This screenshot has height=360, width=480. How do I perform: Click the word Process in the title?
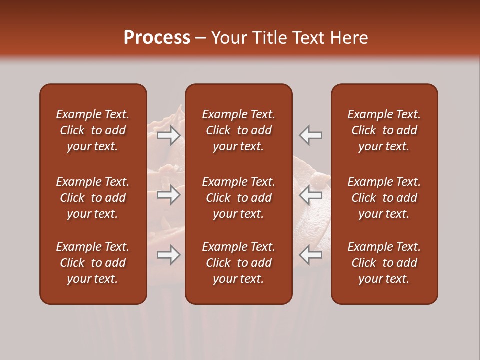coord(157,38)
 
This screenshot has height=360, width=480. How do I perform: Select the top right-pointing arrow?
coord(169,135)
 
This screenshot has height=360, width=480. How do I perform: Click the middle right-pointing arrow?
coord(169,195)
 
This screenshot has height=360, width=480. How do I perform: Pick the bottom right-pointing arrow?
coord(169,255)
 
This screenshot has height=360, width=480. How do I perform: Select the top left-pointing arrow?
coord(311,135)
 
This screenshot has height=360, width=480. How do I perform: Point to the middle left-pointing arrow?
coord(311,195)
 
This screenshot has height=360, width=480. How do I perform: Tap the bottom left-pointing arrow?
coord(311,255)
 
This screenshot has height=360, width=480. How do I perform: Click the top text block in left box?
coord(93,130)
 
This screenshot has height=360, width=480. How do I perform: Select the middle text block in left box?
coord(93,198)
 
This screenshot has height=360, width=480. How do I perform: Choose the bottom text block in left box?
coord(93,263)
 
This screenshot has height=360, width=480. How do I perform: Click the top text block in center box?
coord(238,130)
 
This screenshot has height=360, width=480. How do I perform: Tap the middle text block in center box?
coord(238,198)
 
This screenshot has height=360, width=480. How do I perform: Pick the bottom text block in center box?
coord(238,263)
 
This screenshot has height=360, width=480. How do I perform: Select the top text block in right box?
coord(384,130)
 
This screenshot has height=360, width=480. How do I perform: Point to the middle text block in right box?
coord(384,198)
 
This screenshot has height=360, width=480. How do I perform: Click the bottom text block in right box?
coord(384,263)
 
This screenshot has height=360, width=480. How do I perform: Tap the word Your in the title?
coord(227,38)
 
